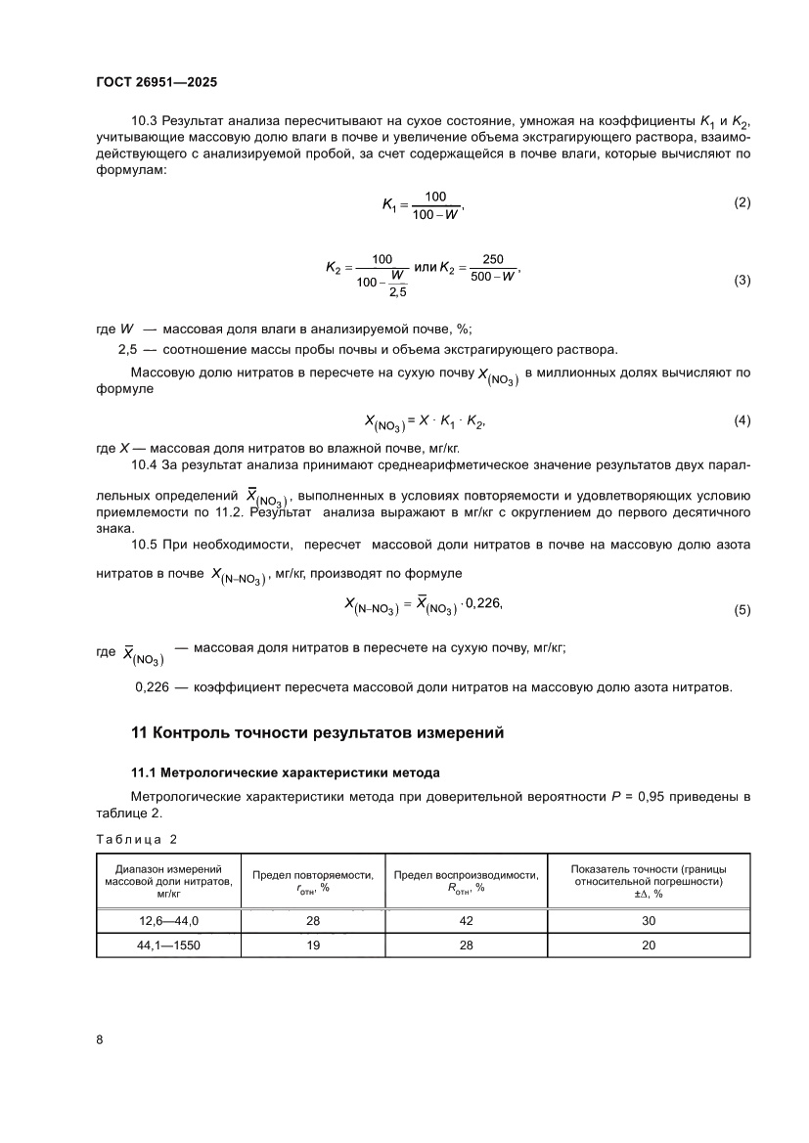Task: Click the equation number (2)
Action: [742, 202]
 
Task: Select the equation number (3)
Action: [742, 281]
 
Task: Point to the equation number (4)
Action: [742, 420]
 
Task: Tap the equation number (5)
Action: [742, 609]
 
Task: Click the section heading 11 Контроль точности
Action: [318, 733]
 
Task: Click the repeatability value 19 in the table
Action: [312, 945]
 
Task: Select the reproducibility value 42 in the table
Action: [466, 921]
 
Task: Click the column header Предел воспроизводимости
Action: [466, 875]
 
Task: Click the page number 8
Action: [100, 1039]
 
